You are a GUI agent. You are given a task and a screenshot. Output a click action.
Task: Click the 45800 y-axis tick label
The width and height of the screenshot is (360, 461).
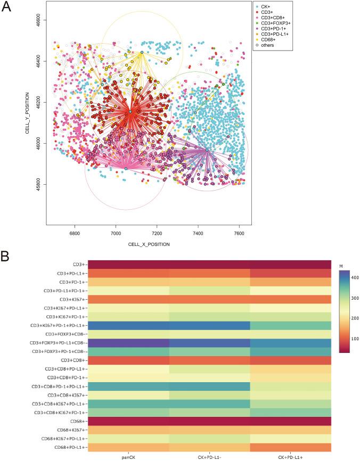coord(34,185)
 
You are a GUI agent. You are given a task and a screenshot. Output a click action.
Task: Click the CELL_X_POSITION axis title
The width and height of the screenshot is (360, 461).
coord(149,244)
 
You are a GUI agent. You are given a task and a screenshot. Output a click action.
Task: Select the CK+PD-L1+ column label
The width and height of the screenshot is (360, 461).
coord(291,456)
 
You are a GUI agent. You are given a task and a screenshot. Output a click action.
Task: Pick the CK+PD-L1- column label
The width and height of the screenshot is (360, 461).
coord(211,456)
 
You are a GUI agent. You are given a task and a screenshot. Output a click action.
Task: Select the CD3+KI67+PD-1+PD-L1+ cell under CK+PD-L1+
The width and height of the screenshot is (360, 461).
coord(291,324)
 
